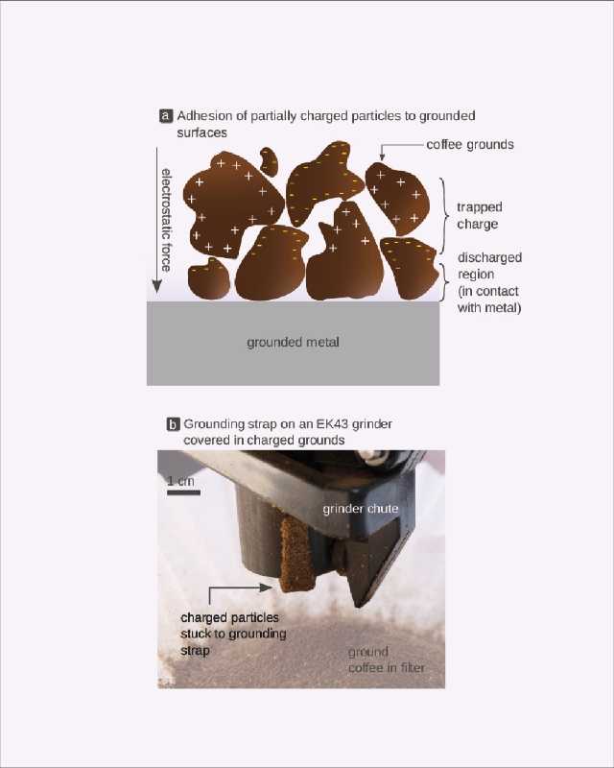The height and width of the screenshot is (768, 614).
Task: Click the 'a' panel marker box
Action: [166, 116]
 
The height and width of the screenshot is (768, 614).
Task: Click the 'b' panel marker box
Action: [173, 424]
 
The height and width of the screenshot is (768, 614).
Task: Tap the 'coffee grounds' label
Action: [469, 145]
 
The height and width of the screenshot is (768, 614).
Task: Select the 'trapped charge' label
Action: [479, 215]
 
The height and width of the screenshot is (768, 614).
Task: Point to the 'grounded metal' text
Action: [293, 343]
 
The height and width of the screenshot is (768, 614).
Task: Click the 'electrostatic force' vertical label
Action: [167, 220]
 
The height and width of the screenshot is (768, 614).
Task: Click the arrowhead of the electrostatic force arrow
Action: [156, 286]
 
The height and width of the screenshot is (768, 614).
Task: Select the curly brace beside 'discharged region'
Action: [444, 282]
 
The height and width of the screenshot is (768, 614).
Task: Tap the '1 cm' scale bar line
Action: [183, 492]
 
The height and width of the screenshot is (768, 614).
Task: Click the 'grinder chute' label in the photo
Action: [361, 509]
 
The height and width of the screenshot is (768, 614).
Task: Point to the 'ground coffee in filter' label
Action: [387, 660]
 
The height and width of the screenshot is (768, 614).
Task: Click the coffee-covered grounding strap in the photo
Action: [296, 556]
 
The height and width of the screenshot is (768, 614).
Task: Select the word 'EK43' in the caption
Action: [333, 424]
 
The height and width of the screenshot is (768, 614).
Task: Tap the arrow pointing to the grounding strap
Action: [240, 588]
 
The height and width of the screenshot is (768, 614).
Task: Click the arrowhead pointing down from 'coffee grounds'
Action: [383, 156]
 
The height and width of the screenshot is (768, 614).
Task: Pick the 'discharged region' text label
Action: [489, 282]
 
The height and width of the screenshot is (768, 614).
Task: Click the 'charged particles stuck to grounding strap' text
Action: [233, 634]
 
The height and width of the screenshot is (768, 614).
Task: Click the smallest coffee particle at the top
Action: [269, 161]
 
